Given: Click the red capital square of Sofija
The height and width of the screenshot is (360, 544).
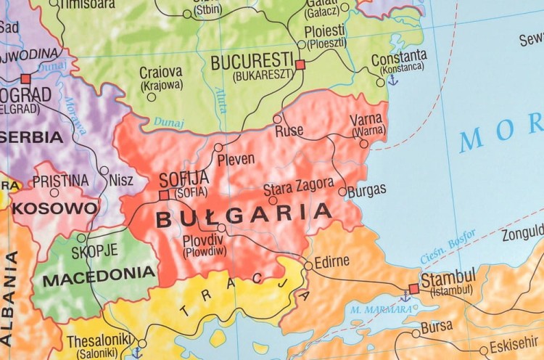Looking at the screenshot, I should pos(164,195).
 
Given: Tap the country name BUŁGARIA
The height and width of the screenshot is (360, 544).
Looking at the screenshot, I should pos(244,215).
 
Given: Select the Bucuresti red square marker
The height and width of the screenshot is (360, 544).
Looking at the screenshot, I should pos(300,65).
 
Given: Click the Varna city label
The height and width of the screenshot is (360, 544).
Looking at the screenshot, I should pos(366,120).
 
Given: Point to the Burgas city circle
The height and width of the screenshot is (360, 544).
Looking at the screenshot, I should pos(342,192).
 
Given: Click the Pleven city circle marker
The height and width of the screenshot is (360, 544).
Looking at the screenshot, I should pos(218,147).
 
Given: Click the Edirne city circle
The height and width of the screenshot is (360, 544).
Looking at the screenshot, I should pos(308,266).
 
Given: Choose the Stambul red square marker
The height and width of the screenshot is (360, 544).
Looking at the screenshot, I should pos(413,289).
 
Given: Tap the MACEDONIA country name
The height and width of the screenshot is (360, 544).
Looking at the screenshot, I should pos(99,274).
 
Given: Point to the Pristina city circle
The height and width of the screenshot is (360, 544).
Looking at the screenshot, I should pos(54,192).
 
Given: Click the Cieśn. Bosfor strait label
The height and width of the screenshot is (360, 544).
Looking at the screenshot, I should pos(448,247).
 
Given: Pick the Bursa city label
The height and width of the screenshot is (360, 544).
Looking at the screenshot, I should pos(437,327).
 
